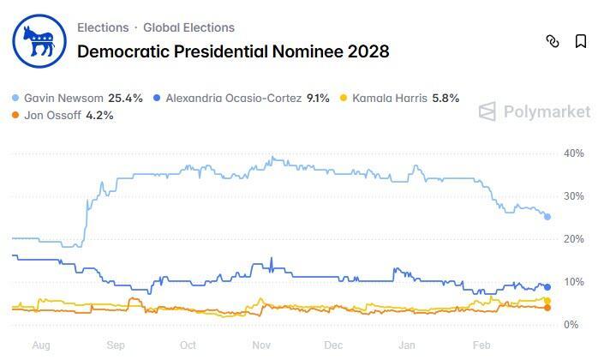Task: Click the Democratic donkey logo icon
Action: (x=37, y=40)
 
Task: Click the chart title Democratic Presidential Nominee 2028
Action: (x=233, y=51)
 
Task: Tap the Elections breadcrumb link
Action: (x=103, y=27)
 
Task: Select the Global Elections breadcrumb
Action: (x=188, y=27)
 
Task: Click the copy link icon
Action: (x=553, y=41)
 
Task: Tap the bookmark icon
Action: (x=581, y=41)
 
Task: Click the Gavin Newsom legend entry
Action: (x=77, y=98)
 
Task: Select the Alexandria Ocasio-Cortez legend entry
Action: (x=240, y=98)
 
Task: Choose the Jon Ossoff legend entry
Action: (x=62, y=115)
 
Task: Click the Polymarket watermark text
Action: (x=546, y=111)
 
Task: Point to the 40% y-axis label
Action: (x=573, y=153)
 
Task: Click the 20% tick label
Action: (x=573, y=239)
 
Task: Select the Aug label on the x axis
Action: (x=40, y=345)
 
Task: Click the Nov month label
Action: (x=261, y=345)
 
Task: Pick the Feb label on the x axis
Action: (x=481, y=345)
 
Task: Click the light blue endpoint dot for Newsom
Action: (x=547, y=217)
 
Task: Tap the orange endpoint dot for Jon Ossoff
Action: (x=547, y=307)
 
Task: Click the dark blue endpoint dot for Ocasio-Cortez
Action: (x=547, y=287)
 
